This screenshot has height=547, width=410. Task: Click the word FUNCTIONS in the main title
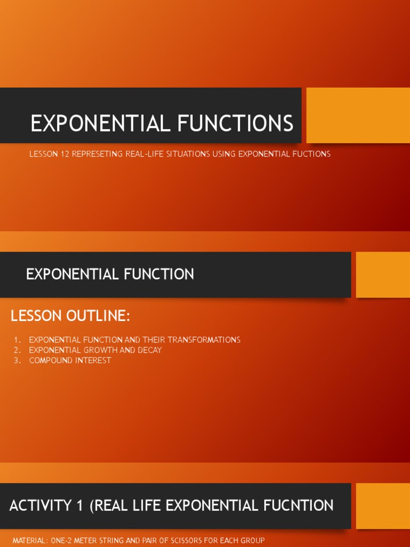pos(235,123)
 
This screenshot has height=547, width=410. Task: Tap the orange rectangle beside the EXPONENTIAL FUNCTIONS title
pos(358,115)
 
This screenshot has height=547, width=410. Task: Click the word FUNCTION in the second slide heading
pos(159,275)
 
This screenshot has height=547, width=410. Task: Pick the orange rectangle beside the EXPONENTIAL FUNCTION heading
pos(383,275)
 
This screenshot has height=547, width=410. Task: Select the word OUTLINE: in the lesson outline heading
pos(98,316)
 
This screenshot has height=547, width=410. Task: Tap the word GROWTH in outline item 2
pos(107,350)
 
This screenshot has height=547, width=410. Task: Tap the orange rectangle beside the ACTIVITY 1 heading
pos(383,506)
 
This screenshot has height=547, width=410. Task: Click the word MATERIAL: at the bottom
pos(29,541)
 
